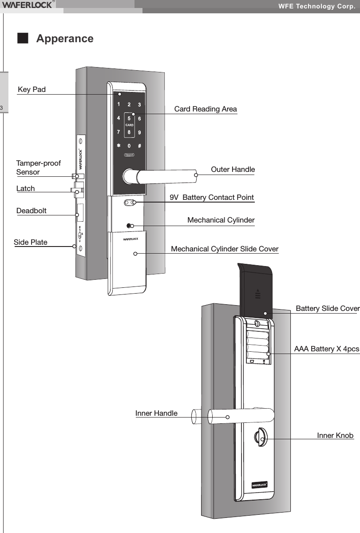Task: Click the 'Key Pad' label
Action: (x=32, y=90)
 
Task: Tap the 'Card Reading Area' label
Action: (x=206, y=109)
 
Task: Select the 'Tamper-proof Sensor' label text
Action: (x=38, y=168)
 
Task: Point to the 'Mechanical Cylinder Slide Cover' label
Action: (x=225, y=249)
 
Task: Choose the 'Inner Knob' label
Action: (x=335, y=435)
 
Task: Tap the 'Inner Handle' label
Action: (x=156, y=414)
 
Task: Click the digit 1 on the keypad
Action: (x=118, y=104)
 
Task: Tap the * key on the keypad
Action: (x=118, y=146)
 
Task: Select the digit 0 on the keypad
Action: (x=129, y=146)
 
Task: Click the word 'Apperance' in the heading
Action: (x=65, y=39)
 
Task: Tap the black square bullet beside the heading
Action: (x=22, y=38)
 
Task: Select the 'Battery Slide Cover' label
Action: (x=327, y=309)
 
